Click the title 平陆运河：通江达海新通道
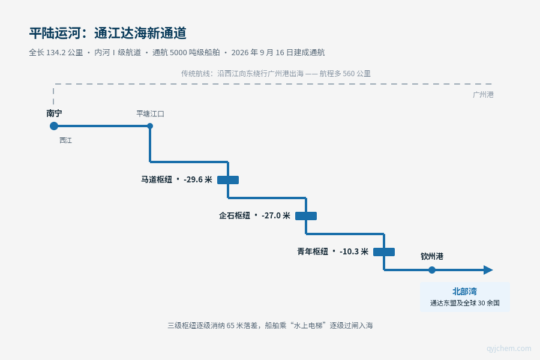tap(108, 33)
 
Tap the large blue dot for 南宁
tap(54, 126)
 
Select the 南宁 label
tap(54, 113)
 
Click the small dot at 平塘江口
tap(150, 126)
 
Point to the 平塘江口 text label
tap(150, 113)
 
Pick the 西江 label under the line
tap(65, 140)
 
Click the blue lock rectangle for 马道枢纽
tap(228, 180)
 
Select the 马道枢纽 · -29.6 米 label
tap(176, 179)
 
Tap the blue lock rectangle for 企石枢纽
tap(306, 216)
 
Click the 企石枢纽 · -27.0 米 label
tap(254, 215)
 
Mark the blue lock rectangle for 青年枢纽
tap(384, 252)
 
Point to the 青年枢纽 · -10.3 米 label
tap(332, 251)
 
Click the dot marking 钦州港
tap(432, 270)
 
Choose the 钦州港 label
tap(432, 256)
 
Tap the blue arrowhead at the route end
tap(488, 270)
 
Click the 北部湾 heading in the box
tap(464, 292)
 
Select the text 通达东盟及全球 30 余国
tap(464, 303)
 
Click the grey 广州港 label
tap(483, 95)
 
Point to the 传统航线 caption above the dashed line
tap(276, 73)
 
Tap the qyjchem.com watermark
tap(509, 348)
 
